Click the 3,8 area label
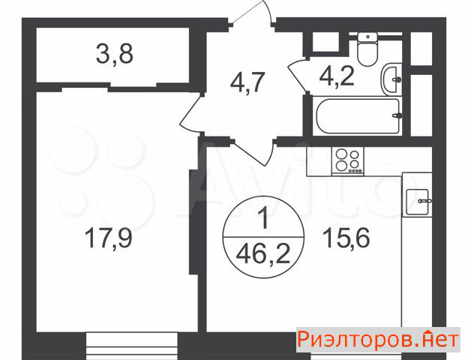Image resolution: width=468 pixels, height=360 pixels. tap(115, 54)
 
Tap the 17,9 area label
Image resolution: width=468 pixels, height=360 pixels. tap(108, 237)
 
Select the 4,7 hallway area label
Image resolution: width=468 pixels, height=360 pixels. tap(247, 82)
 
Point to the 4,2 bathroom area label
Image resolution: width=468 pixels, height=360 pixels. tap(337, 76)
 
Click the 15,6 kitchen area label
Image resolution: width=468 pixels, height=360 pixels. tap(346, 238)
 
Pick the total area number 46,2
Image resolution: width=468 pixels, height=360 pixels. tap(263, 254)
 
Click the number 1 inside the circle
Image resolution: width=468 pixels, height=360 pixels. tap(264, 218)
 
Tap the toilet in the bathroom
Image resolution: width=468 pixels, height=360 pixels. tap(367, 49)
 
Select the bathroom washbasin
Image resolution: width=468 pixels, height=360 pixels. tap(391, 79)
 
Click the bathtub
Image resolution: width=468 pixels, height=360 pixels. tap(358, 116)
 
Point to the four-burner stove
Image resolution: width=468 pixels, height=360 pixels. tap(347, 160)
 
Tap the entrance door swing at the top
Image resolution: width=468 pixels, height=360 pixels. tap(253, 12)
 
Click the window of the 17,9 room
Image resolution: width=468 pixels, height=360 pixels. tap(132, 346)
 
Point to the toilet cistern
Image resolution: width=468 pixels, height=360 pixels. tap(367, 37)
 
